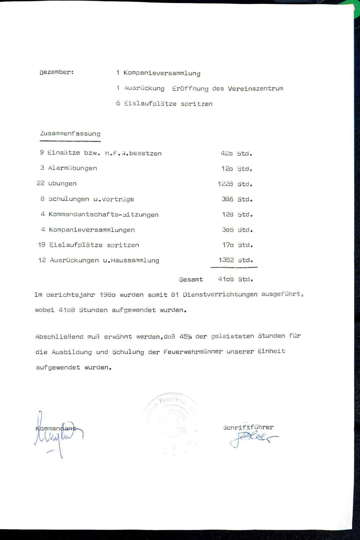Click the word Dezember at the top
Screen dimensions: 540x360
tap(56, 73)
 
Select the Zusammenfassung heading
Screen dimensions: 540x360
tap(70, 134)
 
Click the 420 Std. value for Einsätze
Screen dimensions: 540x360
tap(227, 153)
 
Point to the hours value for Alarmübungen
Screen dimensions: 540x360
tap(227, 169)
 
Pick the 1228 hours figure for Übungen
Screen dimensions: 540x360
tap(225, 184)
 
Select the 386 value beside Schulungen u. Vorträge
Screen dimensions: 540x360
tap(227, 199)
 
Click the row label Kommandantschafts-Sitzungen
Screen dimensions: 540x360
tap(103, 214)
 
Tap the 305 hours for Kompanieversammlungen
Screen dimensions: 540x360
tap(228, 230)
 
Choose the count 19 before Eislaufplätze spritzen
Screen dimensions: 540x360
tap(42, 245)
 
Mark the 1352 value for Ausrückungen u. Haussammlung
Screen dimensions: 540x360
tap(226, 260)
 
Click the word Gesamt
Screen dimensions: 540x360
tap(191, 279)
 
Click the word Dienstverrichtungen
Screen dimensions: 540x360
tap(220, 294)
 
